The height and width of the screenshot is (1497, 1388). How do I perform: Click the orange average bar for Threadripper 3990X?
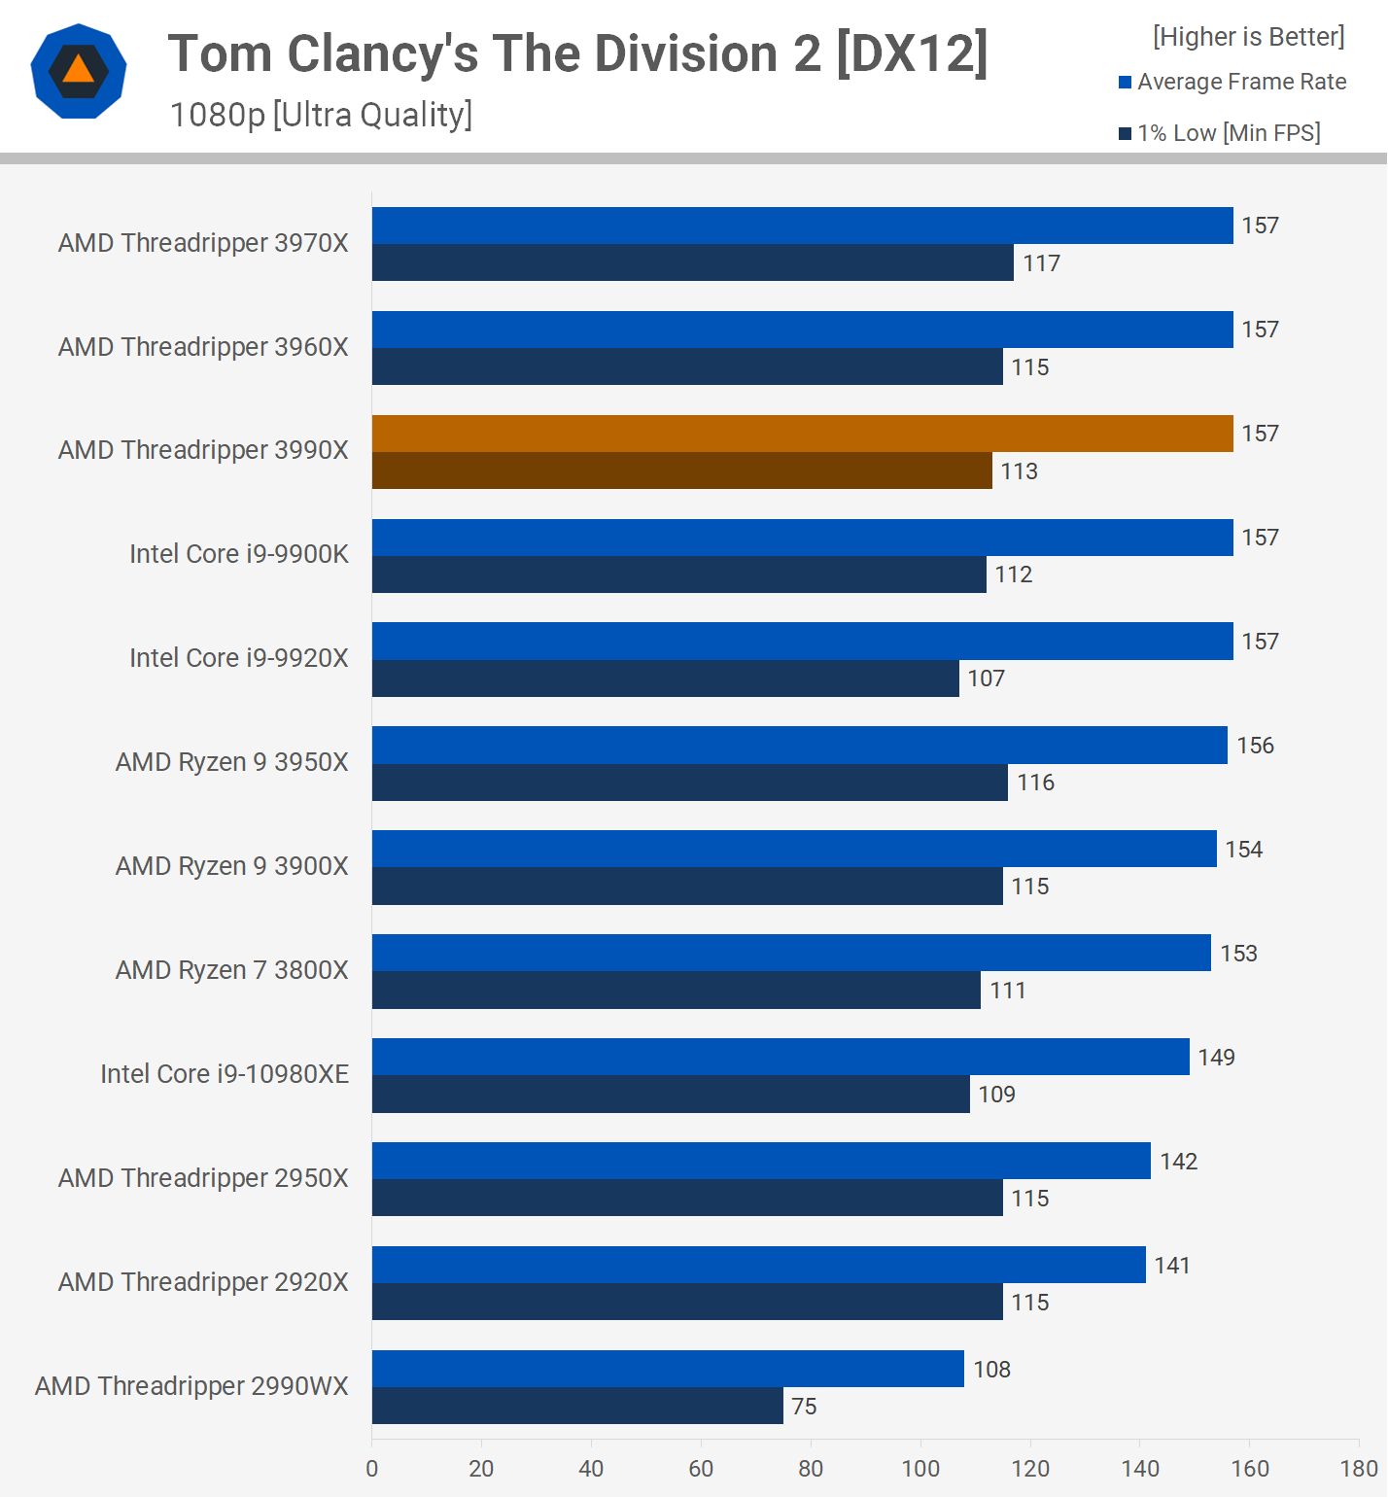pos(802,434)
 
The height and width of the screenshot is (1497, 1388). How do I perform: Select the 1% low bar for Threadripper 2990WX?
pos(577,1406)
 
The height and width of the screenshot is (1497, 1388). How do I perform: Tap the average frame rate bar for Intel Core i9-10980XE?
pos(781,1057)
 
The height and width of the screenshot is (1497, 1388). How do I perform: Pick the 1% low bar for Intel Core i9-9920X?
pos(665,679)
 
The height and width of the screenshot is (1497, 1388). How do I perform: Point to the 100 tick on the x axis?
pos(920,1468)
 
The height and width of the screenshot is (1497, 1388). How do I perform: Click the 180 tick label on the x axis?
pos(1359,1468)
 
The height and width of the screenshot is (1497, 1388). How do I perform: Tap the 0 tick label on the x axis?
pos(372,1468)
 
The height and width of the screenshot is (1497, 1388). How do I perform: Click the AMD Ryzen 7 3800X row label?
pos(231,970)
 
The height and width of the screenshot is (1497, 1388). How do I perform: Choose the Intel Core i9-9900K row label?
pos(239,554)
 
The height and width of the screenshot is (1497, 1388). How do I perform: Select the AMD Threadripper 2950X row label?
pos(203,1178)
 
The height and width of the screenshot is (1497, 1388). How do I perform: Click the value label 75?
pos(804,1407)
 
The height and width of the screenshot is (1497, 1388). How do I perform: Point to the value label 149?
pos(1216,1058)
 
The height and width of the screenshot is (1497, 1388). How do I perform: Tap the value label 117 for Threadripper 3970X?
pos(1041,263)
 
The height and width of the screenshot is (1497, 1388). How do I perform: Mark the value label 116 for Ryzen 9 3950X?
pos(1035,783)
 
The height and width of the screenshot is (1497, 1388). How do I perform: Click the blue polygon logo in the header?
pos(79,71)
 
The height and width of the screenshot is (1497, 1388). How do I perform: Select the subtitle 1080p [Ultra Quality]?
pos(321,115)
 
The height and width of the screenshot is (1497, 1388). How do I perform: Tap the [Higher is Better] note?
pos(1248,37)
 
